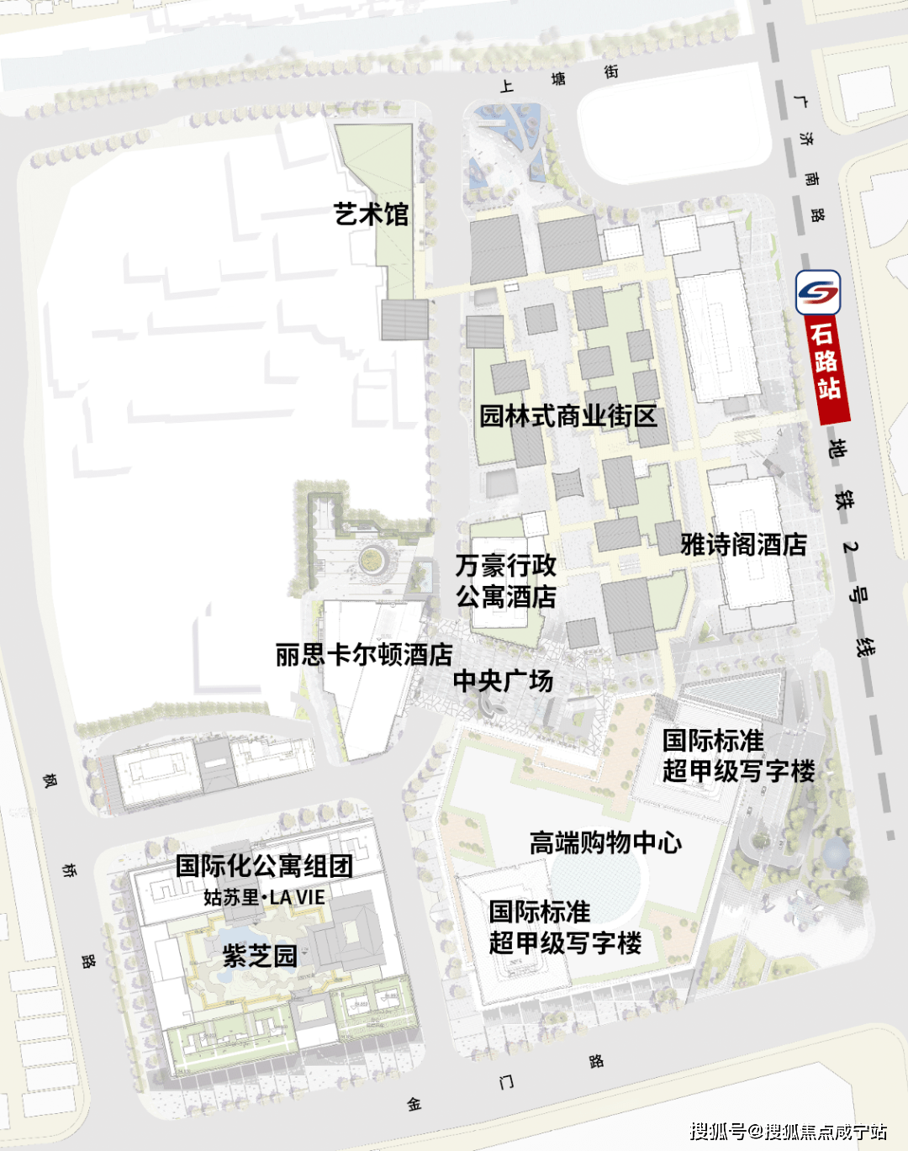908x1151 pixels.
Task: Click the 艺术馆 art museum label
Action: tap(371, 214)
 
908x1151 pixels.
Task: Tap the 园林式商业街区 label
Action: tap(568, 416)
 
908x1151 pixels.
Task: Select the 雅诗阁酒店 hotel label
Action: tap(743, 545)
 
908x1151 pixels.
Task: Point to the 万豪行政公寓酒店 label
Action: tap(506, 581)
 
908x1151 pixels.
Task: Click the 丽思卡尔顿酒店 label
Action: tap(364, 654)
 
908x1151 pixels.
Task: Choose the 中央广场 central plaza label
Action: tap(503, 680)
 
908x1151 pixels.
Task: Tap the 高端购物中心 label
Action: tap(605, 842)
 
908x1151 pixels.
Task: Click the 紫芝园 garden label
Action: tap(260, 956)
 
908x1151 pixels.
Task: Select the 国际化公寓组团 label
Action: tap(264, 866)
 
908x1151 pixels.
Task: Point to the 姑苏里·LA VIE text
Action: tap(264, 897)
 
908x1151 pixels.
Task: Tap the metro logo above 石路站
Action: tap(818, 293)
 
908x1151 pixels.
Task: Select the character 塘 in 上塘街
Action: tap(558, 79)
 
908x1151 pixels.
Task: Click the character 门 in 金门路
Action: tap(506, 1081)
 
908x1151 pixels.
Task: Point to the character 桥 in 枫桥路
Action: tap(69, 870)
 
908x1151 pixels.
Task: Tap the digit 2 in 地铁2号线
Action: tap(850, 547)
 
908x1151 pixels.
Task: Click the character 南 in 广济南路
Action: tap(811, 179)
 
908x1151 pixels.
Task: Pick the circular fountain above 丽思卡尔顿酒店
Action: tap(369, 558)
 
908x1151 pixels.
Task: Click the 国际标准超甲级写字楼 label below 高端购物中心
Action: tap(565, 927)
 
